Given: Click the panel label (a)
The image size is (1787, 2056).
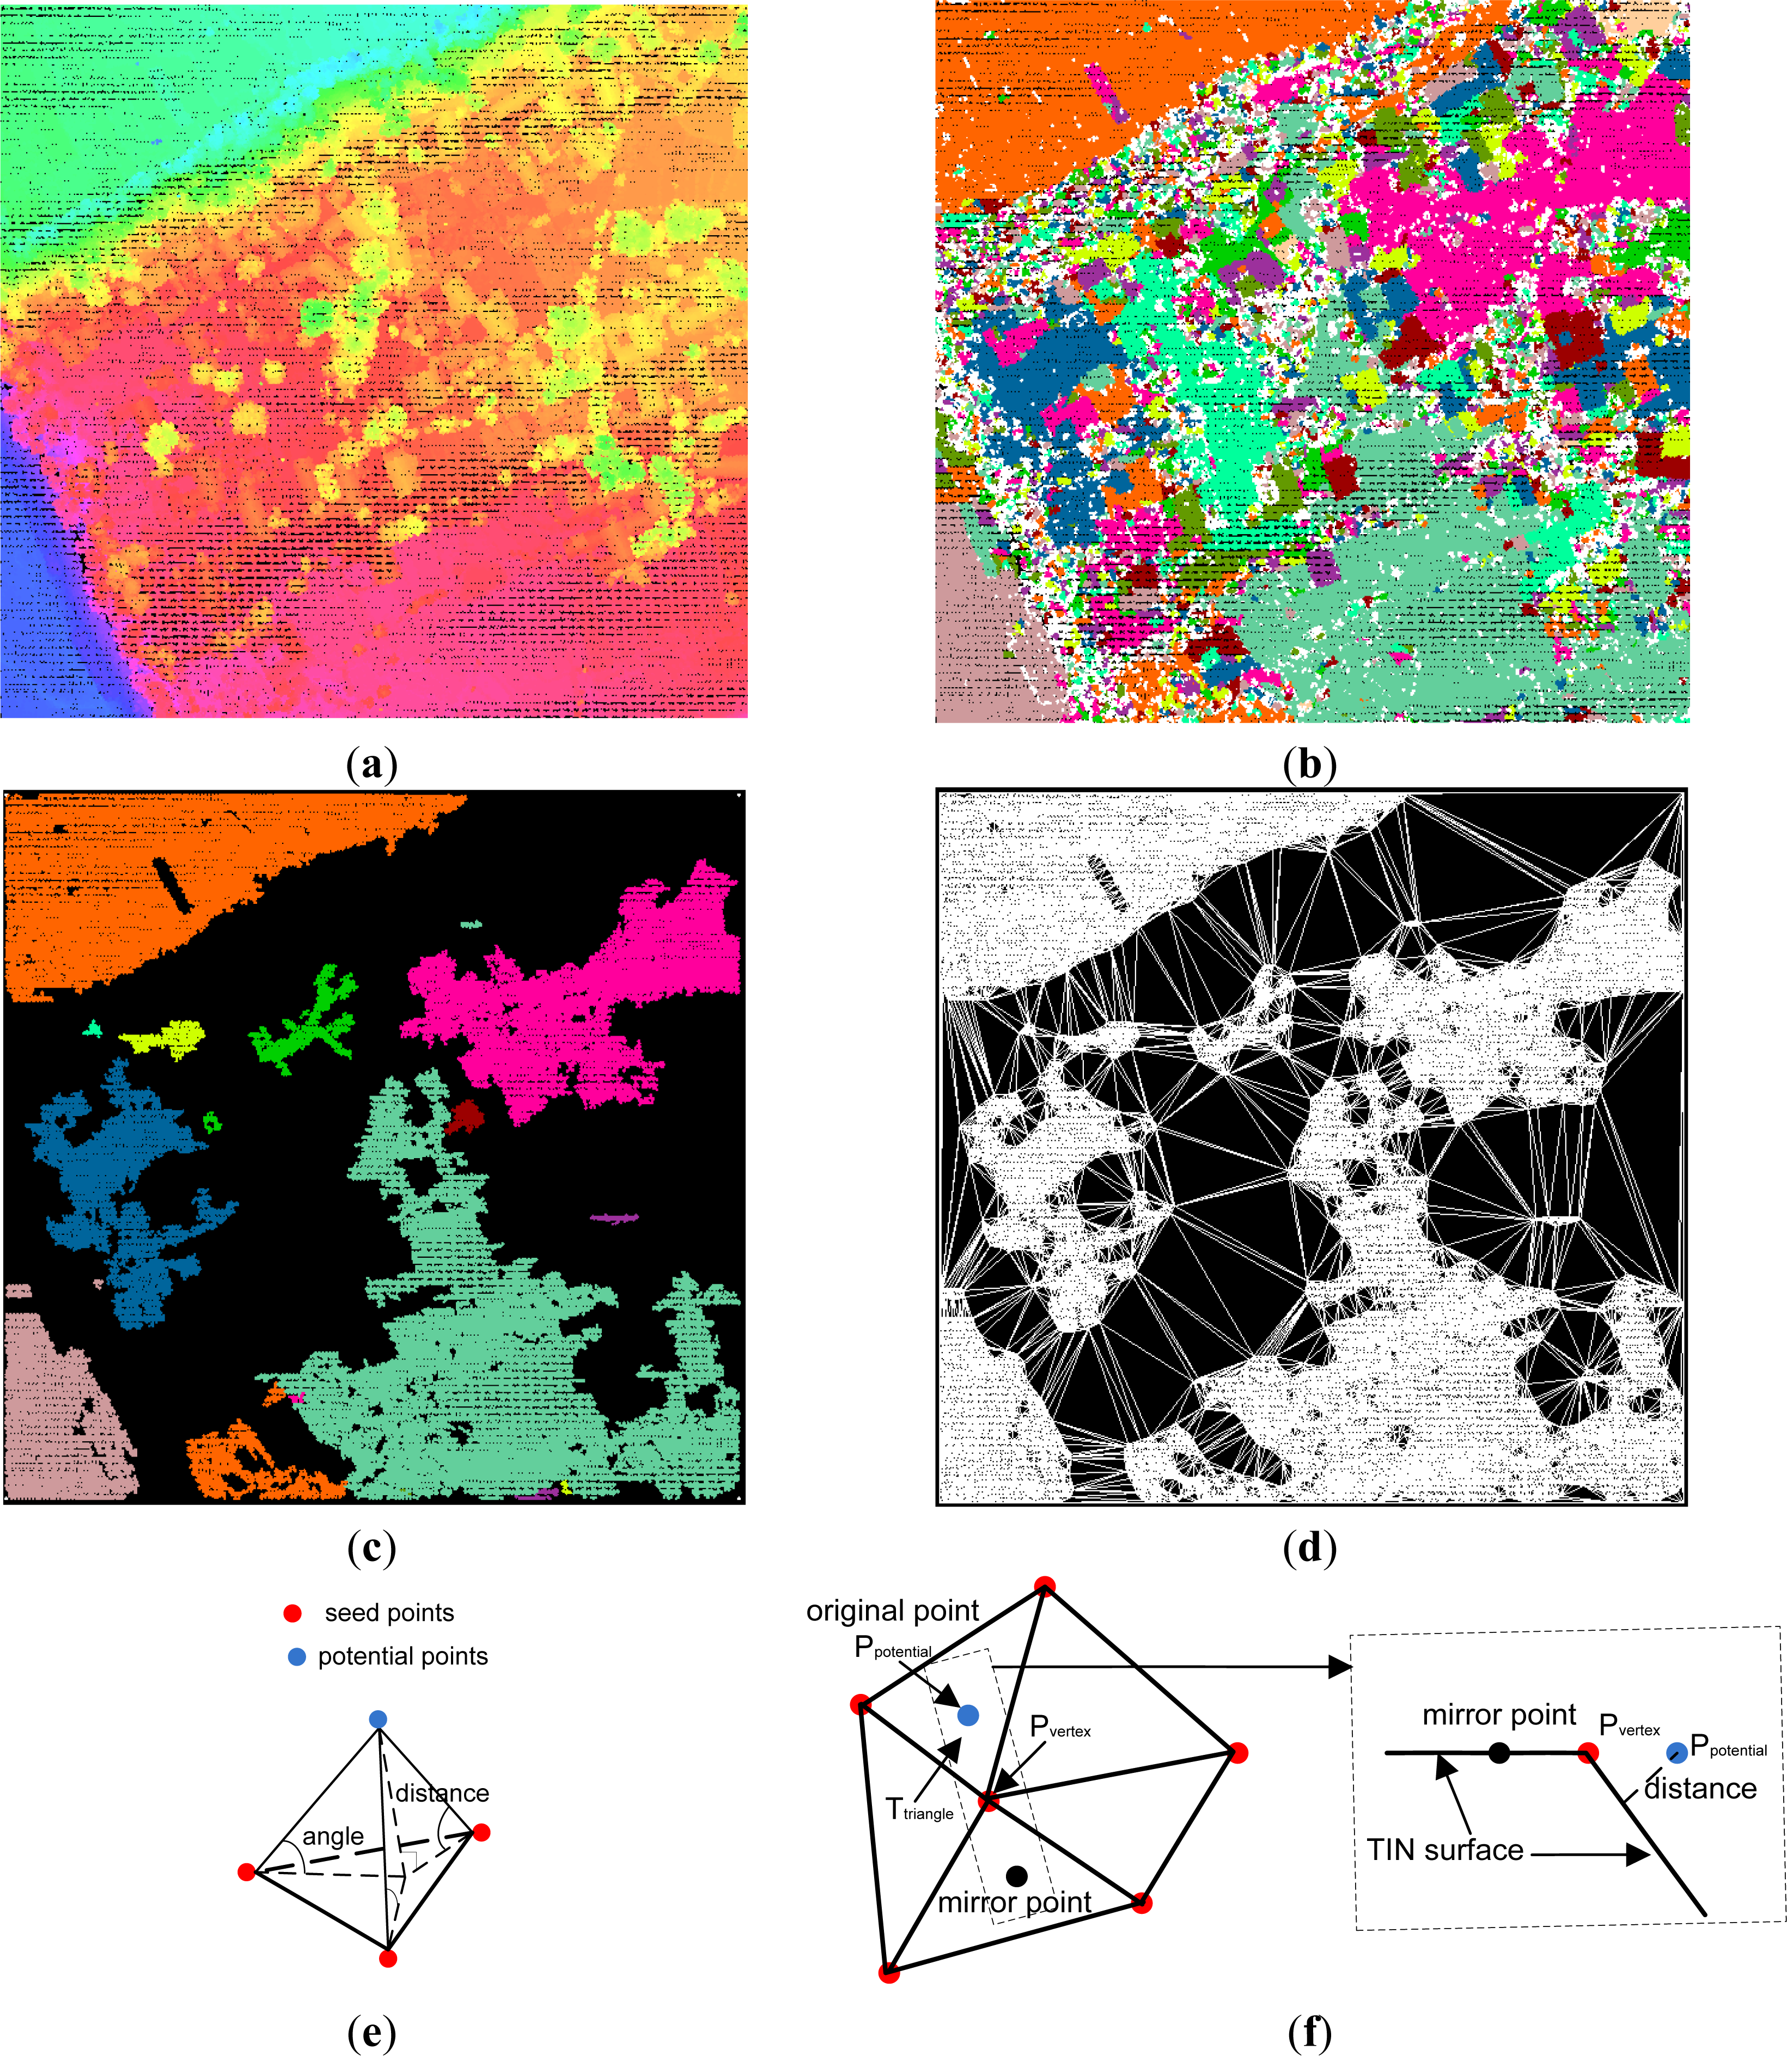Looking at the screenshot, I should (x=372, y=765).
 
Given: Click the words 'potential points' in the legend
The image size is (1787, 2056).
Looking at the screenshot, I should (x=403, y=1656).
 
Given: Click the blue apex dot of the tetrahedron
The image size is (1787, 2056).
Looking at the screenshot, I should (x=378, y=1719).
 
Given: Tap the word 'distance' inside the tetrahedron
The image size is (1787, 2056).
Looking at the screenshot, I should (x=442, y=1793).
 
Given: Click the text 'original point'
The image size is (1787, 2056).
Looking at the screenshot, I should (x=893, y=1610).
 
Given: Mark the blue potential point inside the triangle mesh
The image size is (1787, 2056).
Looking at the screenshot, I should (x=967, y=1715).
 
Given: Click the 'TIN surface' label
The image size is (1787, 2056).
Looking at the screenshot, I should (x=1445, y=1851).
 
